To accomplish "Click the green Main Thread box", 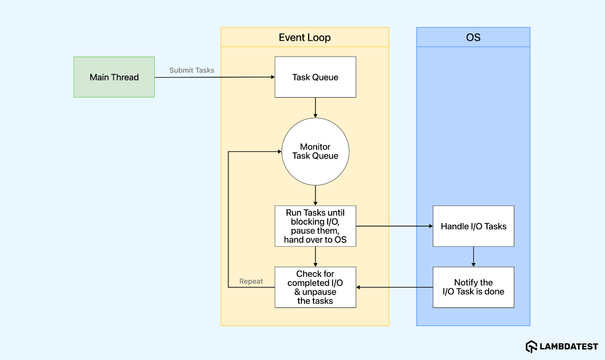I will [114, 77].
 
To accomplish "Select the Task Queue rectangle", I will [315, 77].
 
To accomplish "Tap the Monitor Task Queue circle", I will [315, 151].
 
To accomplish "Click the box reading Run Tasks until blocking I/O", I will [315, 226].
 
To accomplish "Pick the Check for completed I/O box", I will [315, 287].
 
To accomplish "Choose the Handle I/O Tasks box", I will [473, 226].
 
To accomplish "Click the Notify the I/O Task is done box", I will [473, 287].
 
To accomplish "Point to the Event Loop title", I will [304, 37].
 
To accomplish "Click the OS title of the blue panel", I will [473, 37].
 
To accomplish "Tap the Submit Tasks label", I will [192, 70].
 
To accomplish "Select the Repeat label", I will [251, 281].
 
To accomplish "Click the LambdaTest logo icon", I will [531, 346].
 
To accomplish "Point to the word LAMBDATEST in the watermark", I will [569, 347].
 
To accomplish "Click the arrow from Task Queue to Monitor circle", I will [315, 107].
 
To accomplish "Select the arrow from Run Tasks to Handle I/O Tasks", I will [393, 226].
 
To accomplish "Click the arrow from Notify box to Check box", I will [393, 287].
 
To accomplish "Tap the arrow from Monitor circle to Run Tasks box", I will [315, 195].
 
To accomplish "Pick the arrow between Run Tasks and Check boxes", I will [315, 256].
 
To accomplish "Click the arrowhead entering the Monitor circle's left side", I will [279, 152].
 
